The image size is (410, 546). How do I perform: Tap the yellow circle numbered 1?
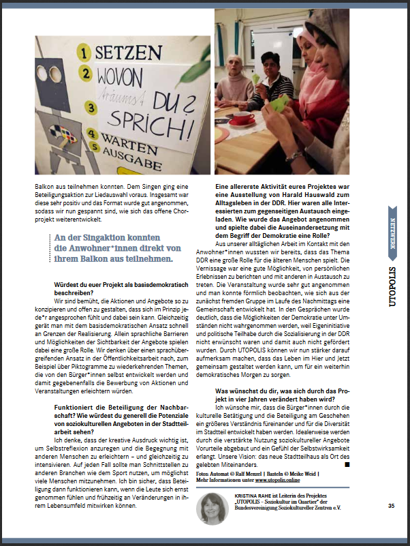click(84, 51)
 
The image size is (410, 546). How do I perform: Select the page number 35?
click(391, 506)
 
